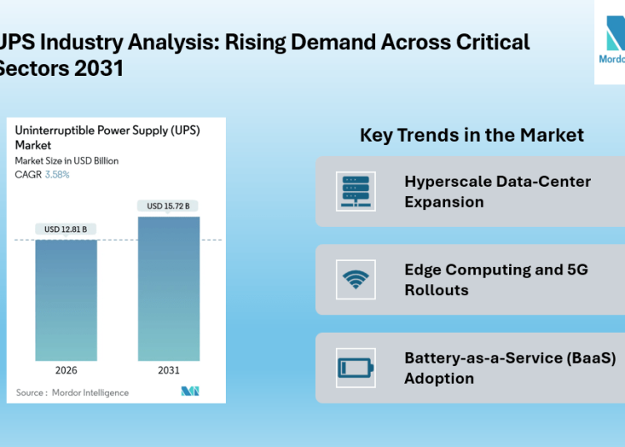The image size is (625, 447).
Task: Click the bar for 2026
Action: coord(67,300)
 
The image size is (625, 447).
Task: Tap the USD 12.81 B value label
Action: coord(67,229)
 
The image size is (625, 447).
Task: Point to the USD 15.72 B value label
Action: coord(169,206)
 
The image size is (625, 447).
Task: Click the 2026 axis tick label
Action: coord(67,369)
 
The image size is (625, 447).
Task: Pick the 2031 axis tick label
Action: coord(169,369)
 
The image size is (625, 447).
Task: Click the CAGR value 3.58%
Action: coord(56,175)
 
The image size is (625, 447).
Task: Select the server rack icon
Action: coord(356,192)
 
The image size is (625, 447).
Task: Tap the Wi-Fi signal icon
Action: coord(356,279)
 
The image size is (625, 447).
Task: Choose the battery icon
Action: coord(356,368)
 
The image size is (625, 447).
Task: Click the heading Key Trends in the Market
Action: coord(472,135)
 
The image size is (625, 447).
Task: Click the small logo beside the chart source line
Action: coord(190,392)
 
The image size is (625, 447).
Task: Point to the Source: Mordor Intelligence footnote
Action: coord(72,393)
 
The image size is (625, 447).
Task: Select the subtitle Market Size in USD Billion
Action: coord(67,161)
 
